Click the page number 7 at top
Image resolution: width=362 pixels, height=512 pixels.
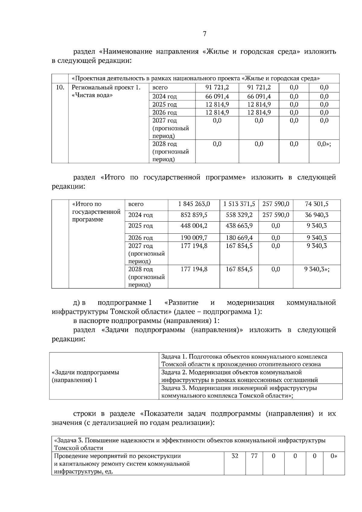(205, 34)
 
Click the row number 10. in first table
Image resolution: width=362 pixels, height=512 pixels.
(60, 87)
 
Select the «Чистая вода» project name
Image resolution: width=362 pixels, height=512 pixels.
(92, 95)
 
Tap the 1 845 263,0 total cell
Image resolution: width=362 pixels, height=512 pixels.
(194, 204)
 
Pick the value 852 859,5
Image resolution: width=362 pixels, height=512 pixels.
(194, 215)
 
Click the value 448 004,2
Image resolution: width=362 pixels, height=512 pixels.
(194, 226)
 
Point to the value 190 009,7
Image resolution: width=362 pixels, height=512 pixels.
(194, 238)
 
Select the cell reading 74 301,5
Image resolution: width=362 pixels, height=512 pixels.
(317, 204)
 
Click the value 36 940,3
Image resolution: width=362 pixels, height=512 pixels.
(317, 215)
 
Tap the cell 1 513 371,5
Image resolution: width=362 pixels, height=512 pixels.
(239, 204)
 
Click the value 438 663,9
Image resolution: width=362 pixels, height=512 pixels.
(239, 226)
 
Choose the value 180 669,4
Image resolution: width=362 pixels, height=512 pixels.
(239, 238)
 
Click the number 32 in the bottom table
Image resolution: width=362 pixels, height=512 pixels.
(235, 456)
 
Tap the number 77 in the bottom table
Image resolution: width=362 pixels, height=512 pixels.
(254, 456)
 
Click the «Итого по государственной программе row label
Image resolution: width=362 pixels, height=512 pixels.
(96, 212)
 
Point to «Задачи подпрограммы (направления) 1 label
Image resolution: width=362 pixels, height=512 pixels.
(86, 376)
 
